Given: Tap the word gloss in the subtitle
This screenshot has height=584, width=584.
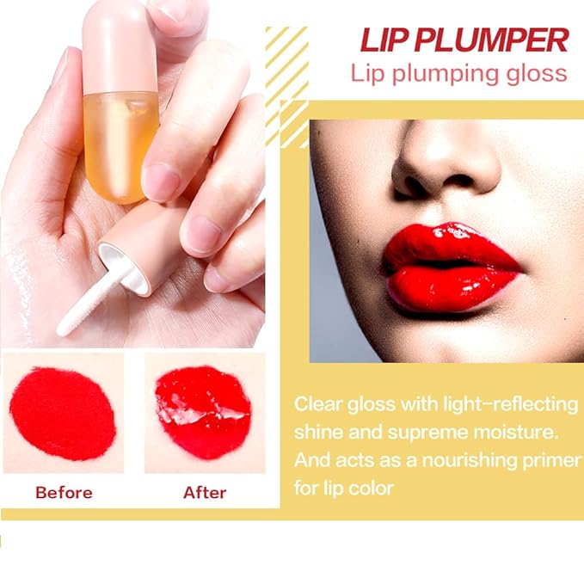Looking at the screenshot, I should coord(535,72).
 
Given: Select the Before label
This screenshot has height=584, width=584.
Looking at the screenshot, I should coord(63,493).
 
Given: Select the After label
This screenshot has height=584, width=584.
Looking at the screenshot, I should coord(205,493).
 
